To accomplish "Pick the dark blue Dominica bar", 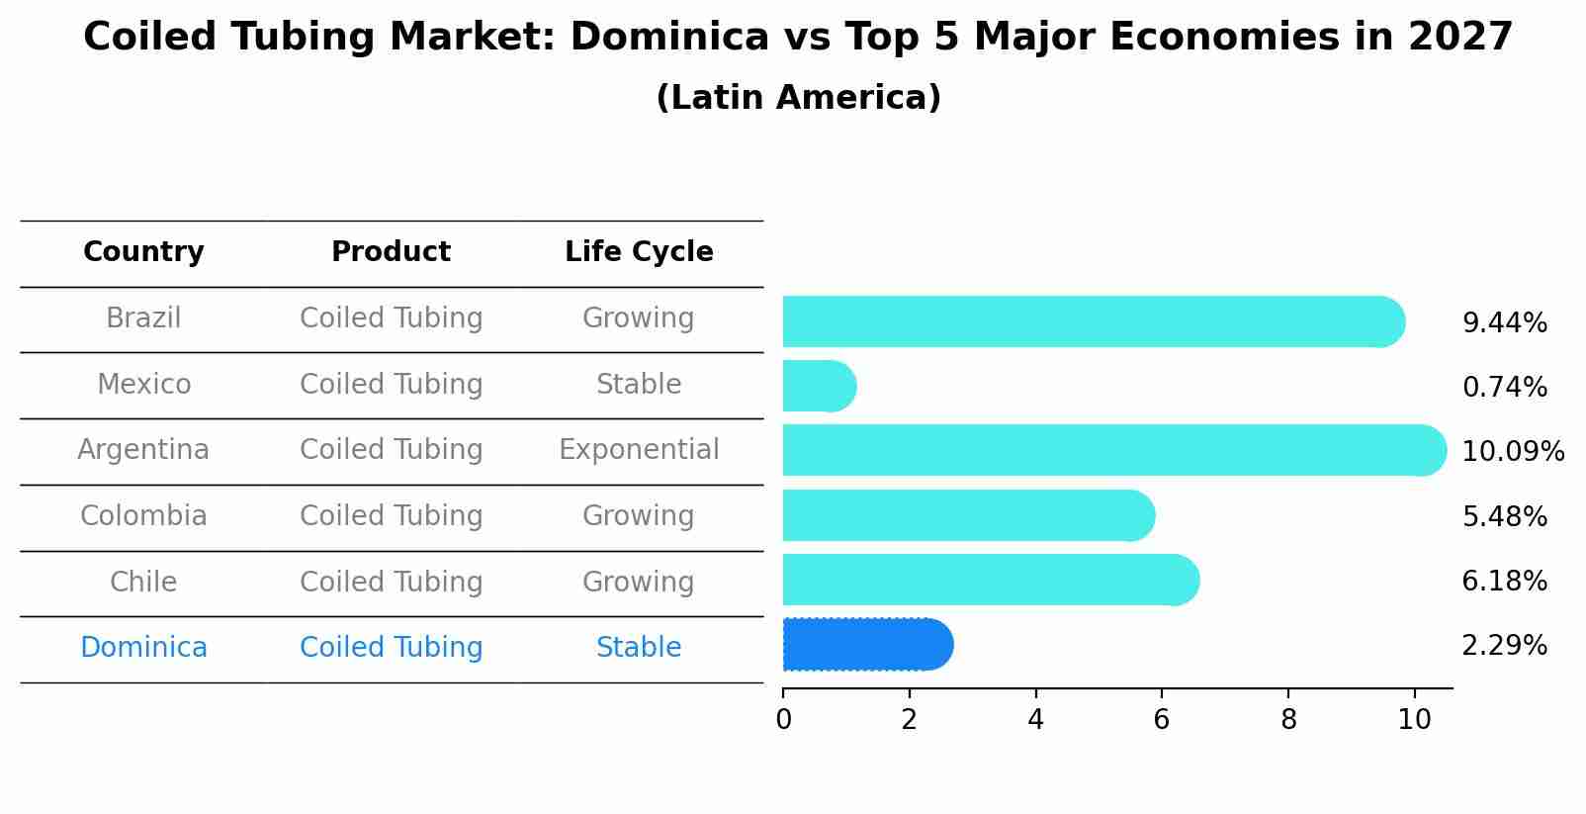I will point(866,645).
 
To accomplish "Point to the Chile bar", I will point(990,580).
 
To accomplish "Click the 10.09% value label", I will point(1512,452).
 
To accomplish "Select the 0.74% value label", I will point(1504,387).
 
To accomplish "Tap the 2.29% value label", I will point(1504,646).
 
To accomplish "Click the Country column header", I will point(143,252).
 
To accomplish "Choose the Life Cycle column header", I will point(639,252).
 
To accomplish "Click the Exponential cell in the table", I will point(639,450).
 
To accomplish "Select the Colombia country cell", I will point(143,516).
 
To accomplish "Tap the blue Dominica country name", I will point(143,648).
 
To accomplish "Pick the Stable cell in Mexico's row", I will point(639,385).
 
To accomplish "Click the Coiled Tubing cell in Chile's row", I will point(391,582).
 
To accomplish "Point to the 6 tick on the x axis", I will point(1162,719).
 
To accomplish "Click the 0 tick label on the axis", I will point(783,719).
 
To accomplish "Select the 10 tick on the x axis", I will point(1414,719).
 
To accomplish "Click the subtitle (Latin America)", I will point(798,98).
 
